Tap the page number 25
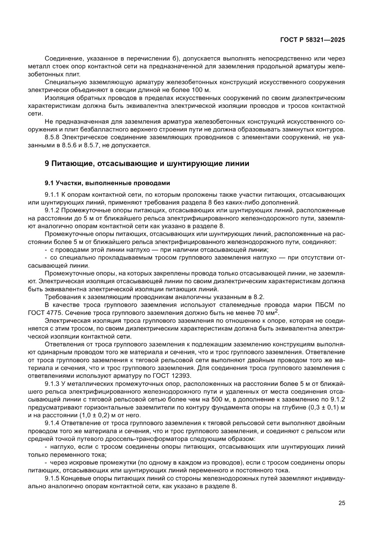tap(341, 503)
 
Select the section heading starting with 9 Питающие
tap(146, 164)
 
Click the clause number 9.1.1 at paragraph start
tap(53, 195)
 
